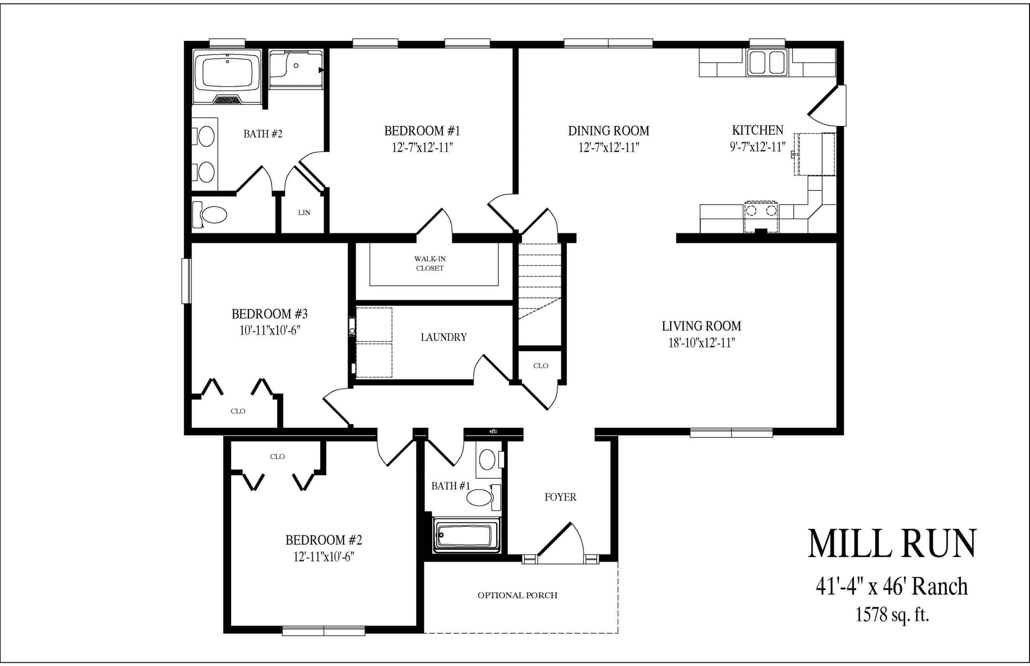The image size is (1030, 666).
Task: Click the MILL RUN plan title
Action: click(x=892, y=544)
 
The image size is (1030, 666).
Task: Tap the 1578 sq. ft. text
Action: click(x=892, y=615)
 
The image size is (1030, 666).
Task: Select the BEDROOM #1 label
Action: click(x=422, y=130)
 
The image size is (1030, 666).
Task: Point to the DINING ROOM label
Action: click(x=609, y=130)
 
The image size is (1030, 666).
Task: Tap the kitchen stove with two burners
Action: click(x=761, y=217)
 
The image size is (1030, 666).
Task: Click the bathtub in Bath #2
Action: click(x=227, y=76)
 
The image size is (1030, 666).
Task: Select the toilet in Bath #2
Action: click(x=209, y=214)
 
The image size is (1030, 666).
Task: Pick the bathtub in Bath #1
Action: click(x=466, y=535)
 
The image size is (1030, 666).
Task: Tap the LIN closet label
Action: click(x=304, y=212)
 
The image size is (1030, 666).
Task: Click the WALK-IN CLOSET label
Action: click(x=430, y=263)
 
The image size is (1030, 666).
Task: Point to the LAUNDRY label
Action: click(x=443, y=337)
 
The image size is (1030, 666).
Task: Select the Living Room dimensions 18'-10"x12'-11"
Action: click(x=702, y=343)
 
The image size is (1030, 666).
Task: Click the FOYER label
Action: click(x=560, y=497)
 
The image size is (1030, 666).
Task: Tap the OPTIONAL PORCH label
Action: click(x=517, y=595)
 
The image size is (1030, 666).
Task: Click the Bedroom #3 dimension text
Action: click(x=270, y=331)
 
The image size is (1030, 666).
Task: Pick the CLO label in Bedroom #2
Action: click(x=277, y=456)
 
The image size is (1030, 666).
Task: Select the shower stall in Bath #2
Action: click(x=296, y=69)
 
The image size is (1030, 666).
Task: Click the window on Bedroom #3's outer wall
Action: click(x=186, y=281)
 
